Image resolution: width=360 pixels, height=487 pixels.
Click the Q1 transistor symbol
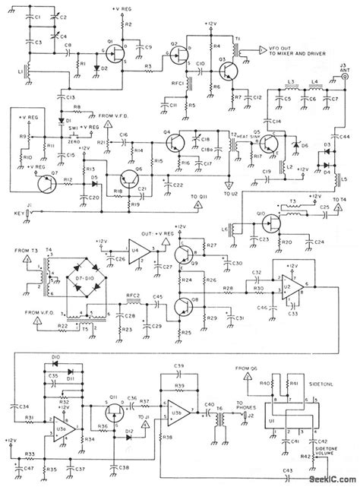(x=115, y=51)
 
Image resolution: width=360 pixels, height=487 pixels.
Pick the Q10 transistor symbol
(x=270, y=223)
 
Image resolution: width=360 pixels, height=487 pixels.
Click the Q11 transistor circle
(x=115, y=415)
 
